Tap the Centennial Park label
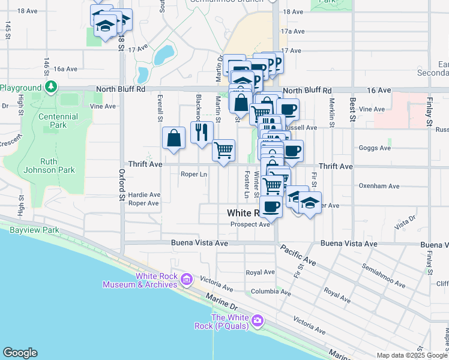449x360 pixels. (x=58, y=121)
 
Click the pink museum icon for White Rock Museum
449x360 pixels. (x=186, y=279)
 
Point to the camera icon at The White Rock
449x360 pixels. (x=258, y=320)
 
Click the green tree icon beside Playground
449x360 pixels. (x=51, y=88)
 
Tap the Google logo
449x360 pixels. (x=20, y=353)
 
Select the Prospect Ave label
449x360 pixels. (x=250, y=224)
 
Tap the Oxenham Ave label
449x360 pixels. (x=379, y=186)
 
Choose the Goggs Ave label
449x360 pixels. (x=371, y=147)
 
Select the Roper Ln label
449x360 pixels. (x=194, y=175)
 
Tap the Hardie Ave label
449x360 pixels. (x=144, y=194)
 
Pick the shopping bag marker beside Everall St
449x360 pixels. (x=173, y=138)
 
